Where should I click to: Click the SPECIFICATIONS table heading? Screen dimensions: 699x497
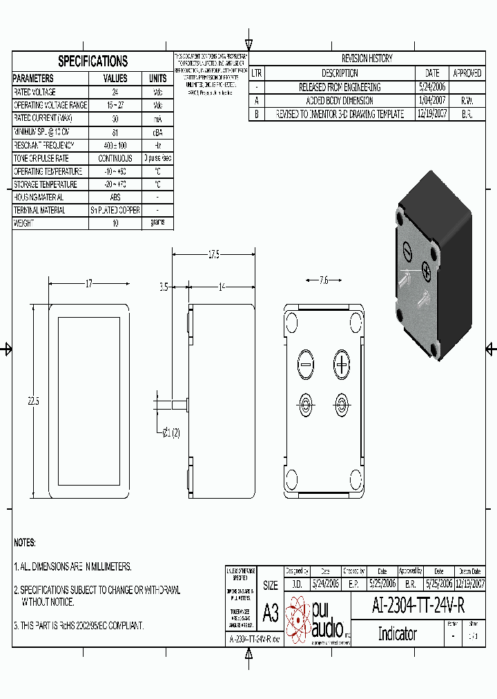click(92, 61)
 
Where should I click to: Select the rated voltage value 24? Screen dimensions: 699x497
click(115, 92)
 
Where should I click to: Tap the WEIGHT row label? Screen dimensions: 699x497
click(23, 224)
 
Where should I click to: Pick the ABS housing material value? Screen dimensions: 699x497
click(115, 198)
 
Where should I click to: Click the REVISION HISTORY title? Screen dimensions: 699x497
click(367, 59)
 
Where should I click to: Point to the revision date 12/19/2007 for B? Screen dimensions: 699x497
click(432, 115)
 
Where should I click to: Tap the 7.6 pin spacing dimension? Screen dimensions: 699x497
click(324, 280)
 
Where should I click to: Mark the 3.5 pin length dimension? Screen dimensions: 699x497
click(164, 287)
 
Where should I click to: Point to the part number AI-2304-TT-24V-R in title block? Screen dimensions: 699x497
click(418, 606)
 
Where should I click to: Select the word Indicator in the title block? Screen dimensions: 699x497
click(397, 633)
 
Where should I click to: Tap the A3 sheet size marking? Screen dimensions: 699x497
click(271, 612)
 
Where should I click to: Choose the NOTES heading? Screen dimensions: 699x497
click(25, 543)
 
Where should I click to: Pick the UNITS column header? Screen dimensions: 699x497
click(157, 79)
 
